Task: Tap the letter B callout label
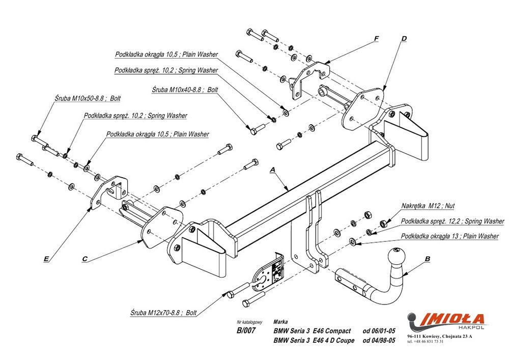[x=427, y=259]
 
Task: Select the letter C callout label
[x=85, y=259]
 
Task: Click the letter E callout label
[x=46, y=259]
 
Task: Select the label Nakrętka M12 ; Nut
[x=428, y=206]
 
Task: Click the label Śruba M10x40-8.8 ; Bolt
[x=185, y=89]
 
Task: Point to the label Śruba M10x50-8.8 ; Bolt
[x=88, y=98]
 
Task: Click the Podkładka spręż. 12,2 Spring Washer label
[x=453, y=221]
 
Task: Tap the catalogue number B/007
[x=246, y=330]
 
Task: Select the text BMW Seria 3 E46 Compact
[x=312, y=331]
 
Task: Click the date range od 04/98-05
[x=379, y=341]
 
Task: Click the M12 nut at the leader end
[x=385, y=223]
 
